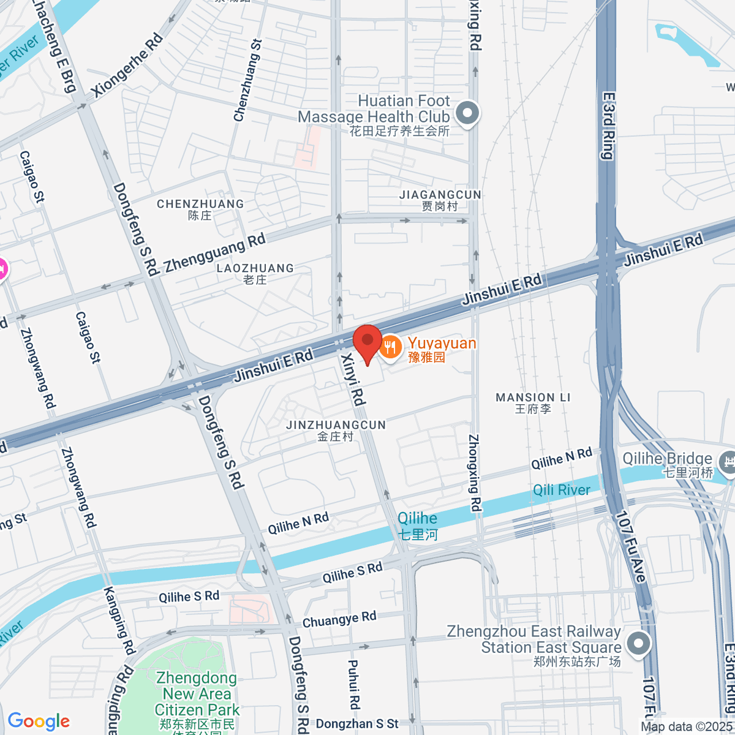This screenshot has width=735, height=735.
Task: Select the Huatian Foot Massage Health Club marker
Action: (468, 113)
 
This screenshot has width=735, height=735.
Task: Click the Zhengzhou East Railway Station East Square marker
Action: (638, 644)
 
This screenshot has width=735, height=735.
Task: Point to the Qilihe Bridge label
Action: (667, 459)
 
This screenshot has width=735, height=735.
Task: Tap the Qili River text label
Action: (561, 490)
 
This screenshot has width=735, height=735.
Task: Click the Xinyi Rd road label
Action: (353, 380)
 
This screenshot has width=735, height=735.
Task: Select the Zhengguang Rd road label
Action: (215, 252)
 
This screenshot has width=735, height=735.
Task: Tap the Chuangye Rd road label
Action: (339, 619)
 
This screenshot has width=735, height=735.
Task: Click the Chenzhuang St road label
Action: (247, 80)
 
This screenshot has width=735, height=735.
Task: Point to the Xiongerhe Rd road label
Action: (127, 65)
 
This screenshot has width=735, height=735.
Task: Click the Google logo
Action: (39, 721)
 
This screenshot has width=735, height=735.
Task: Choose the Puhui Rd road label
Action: (353, 684)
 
